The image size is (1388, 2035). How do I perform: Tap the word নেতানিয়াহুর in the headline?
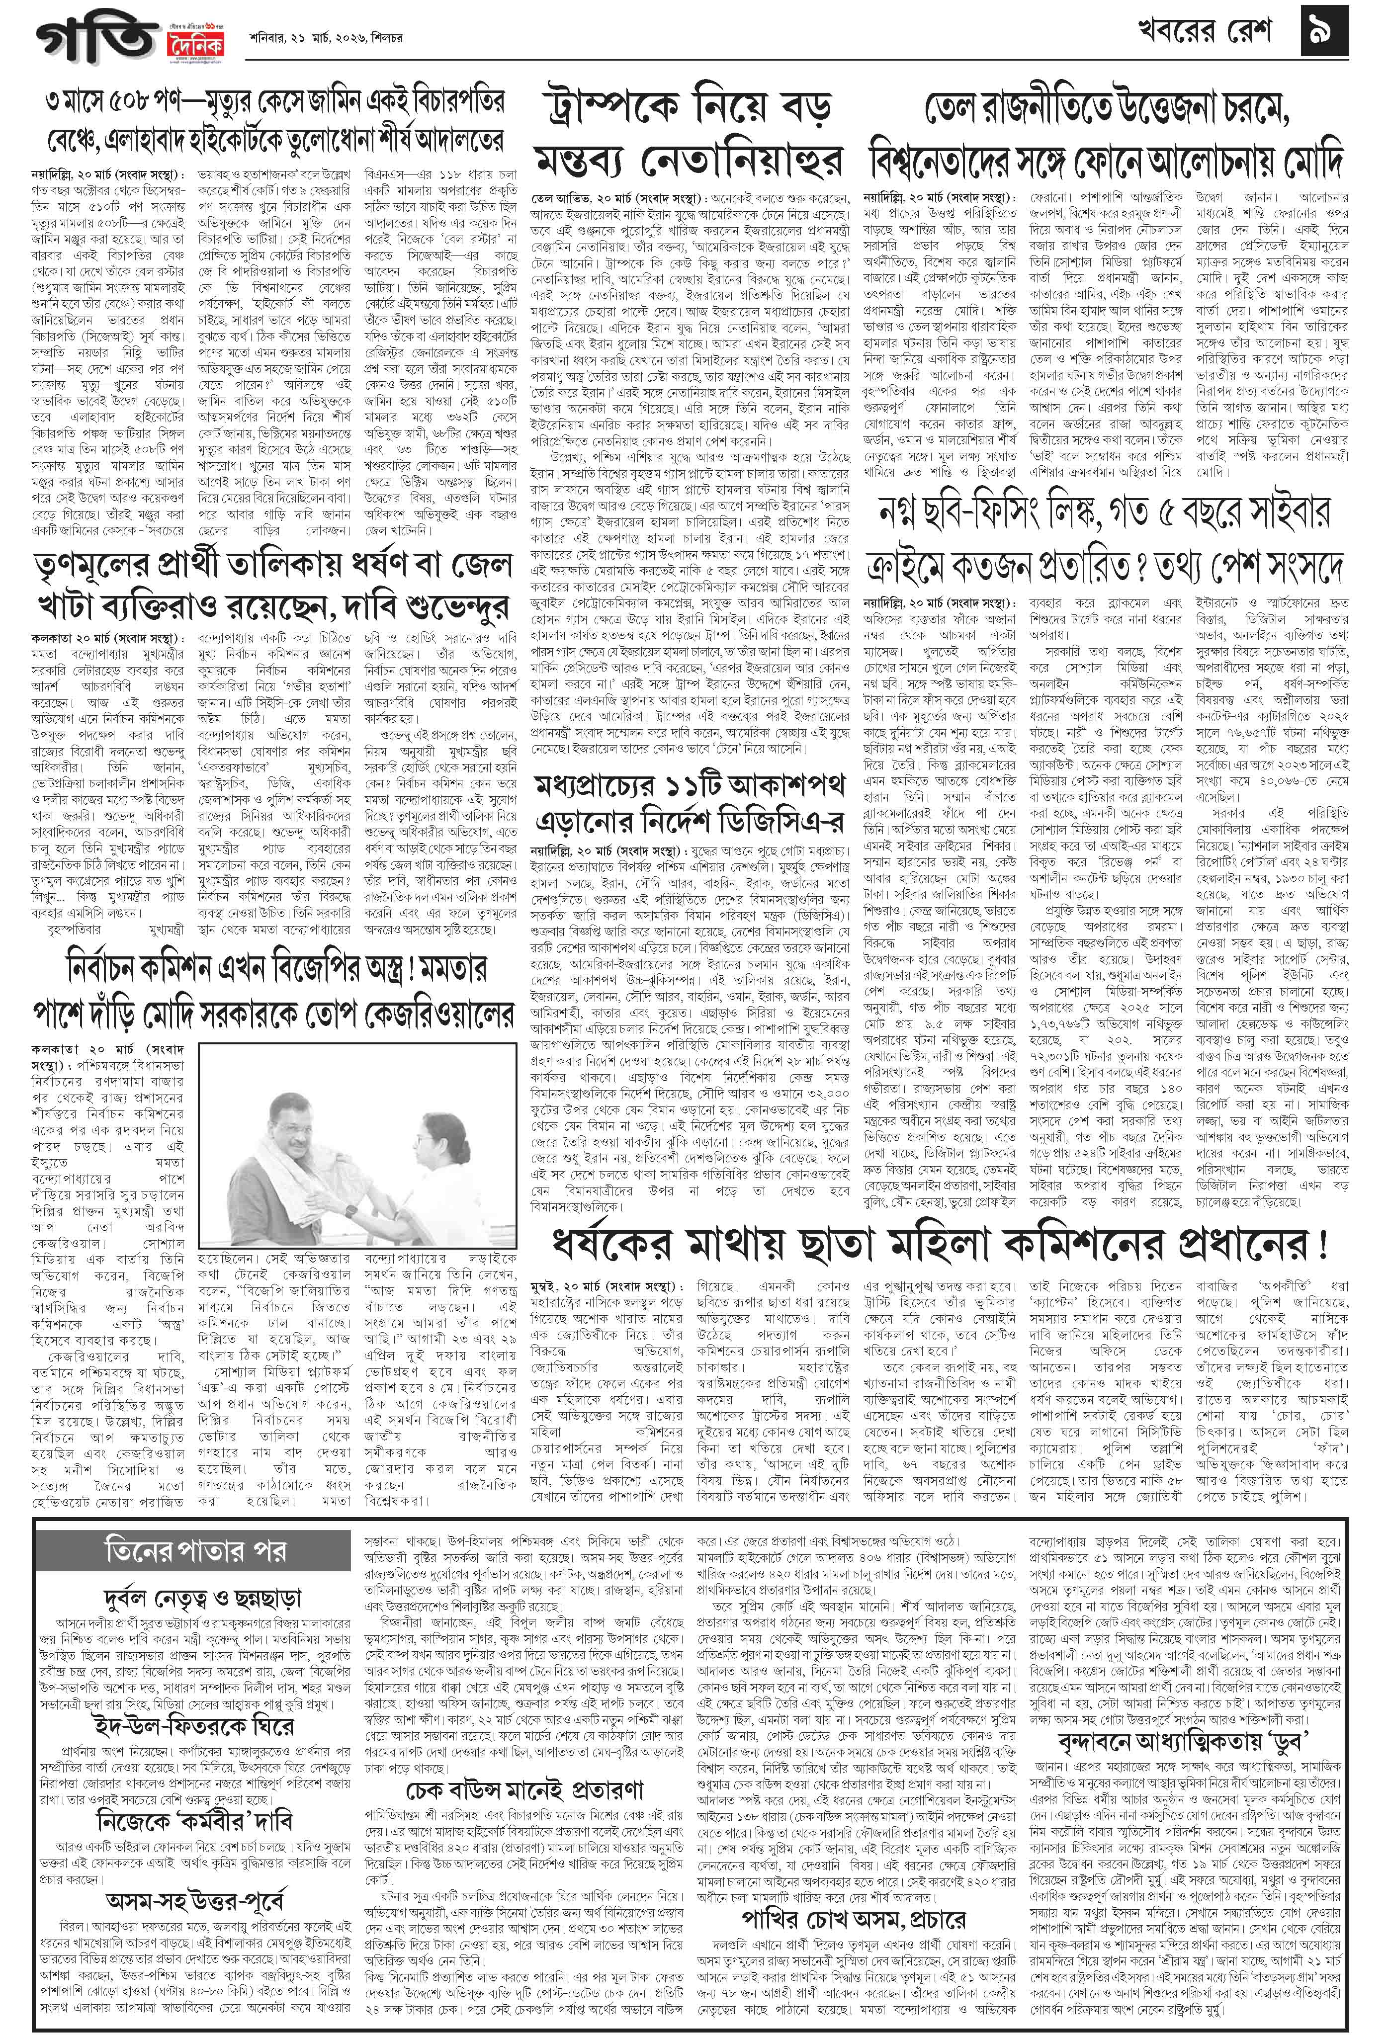click(x=753, y=160)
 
